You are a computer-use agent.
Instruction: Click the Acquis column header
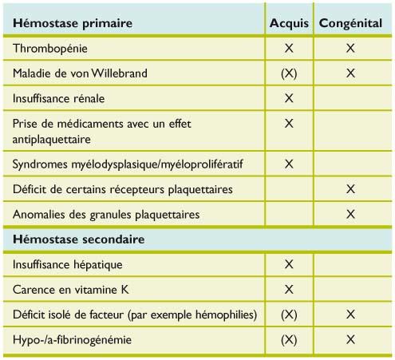click(289, 22)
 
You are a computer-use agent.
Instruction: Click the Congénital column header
click(350, 22)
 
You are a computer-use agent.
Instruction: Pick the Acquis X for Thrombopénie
click(289, 49)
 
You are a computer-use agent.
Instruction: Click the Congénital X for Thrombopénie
click(350, 49)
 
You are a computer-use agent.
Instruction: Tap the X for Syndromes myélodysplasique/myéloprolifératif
click(289, 164)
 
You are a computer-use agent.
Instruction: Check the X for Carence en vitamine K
click(289, 289)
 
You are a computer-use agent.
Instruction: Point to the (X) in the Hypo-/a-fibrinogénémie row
click(289, 340)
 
